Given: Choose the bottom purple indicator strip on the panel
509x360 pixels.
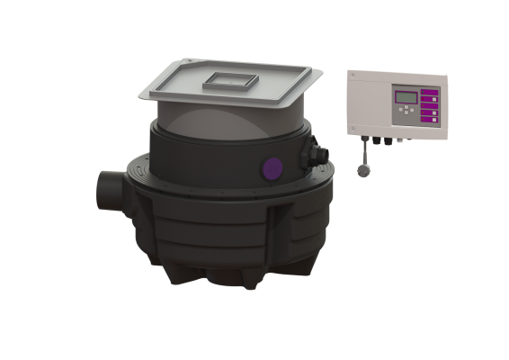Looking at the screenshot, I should tap(429, 121).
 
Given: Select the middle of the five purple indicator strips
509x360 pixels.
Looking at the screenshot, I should tap(429, 105).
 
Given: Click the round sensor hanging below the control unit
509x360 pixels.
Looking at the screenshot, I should tap(362, 171).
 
